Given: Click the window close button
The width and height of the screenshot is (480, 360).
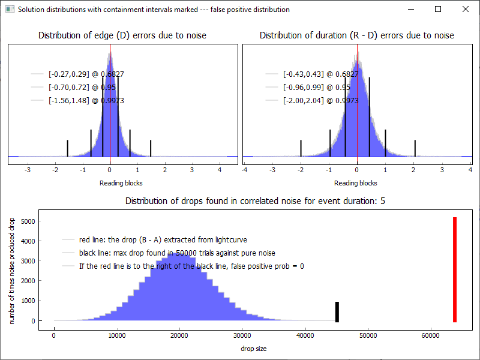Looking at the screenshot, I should [x=466, y=9].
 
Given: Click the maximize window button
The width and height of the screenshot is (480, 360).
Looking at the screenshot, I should [x=438, y=9].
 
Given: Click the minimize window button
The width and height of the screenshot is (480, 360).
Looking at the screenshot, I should [x=410, y=9].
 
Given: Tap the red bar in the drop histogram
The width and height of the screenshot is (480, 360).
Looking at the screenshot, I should [x=455, y=269].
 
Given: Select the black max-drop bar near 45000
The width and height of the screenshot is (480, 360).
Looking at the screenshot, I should [x=337, y=311].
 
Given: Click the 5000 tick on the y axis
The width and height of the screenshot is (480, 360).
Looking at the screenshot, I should [x=28, y=221].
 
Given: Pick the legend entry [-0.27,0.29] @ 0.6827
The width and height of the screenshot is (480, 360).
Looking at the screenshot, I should [x=86, y=74].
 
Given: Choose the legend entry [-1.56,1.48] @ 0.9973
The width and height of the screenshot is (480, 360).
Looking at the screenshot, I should [x=86, y=101].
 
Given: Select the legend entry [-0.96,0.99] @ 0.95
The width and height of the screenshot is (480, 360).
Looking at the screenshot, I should [x=320, y=88].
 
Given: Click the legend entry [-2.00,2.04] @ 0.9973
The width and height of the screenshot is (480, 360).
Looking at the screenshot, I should [x=320, y=101].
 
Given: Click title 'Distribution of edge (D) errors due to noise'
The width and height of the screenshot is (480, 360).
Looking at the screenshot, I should [x=122, y=36].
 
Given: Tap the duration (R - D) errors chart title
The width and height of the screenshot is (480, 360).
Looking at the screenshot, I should [x=357, y=36].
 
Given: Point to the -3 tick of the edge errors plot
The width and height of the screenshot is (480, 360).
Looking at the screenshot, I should [x=28, y=170].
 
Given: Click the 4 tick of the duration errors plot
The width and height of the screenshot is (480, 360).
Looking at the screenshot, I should [x=470, y=170].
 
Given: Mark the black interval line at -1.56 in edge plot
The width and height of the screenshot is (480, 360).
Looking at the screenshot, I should [x=67, y=148].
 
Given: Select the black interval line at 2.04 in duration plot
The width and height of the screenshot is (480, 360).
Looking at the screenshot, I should [x=415, y=148].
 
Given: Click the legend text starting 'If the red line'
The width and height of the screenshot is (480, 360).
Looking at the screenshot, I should [x=191, y=266].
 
